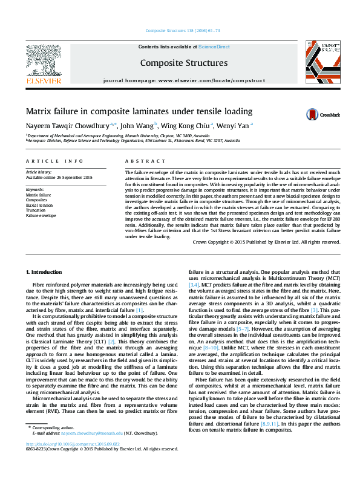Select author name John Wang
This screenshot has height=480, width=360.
pyautogui.click(x=137, y=126)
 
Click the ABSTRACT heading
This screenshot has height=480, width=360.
pyautogui.click(x=145, y=161)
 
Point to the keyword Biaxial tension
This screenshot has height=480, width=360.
pyautogui.click(x=39, y=205)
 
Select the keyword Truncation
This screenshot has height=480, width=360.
pyautogui.click(x=36, y=210)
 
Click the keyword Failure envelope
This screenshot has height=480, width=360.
pyautogui.click(x=40, y=215)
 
